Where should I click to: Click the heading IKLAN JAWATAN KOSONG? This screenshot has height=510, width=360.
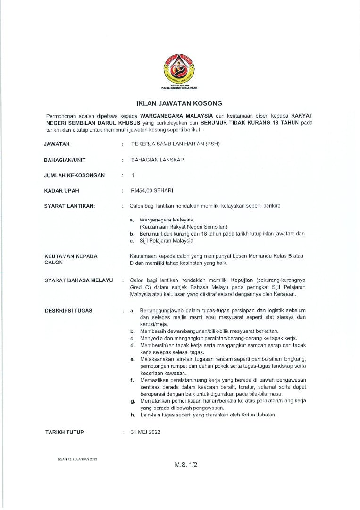[x=179, y=103]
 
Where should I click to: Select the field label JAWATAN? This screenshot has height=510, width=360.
[x=57, y=144]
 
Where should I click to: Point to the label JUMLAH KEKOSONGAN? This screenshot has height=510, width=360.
[x=75, y=175]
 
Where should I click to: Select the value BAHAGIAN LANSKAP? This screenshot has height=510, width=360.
[x=158, y=160]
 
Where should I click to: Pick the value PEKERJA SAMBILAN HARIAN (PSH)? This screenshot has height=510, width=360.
[x=175, y=144]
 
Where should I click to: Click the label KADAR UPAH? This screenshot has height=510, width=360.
[x=62, y=191]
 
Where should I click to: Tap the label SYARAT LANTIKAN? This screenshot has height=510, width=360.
[x=69, y=206]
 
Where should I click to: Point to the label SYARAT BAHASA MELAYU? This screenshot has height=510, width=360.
[x=78, y=280]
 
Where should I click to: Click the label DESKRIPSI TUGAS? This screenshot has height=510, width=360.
[x=68, y=311]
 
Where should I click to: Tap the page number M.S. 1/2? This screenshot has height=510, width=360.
[x=185, y=465]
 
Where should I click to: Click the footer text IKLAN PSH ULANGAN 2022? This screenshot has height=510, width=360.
[x=77, y=459]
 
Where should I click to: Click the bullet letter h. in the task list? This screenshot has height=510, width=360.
[x=133, y=415]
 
